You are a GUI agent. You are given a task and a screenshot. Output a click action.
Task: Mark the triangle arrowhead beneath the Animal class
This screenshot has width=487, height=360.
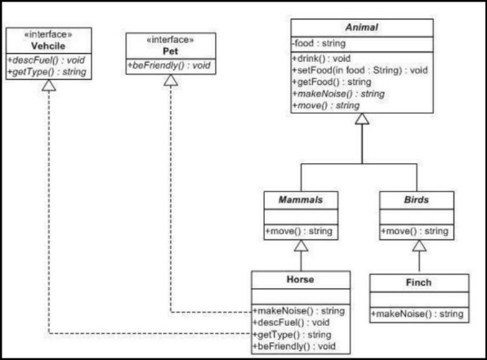360,120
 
